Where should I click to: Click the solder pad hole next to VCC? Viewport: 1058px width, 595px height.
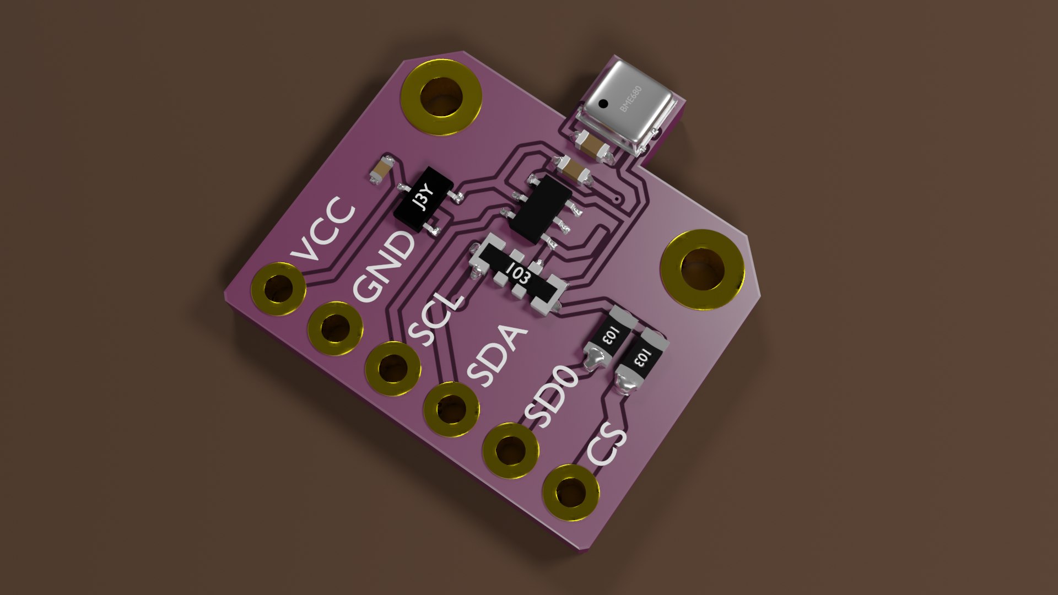278,289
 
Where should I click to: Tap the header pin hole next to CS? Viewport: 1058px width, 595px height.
571,492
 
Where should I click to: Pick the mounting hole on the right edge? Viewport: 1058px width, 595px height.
703,269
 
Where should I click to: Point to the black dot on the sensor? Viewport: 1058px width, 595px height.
604,103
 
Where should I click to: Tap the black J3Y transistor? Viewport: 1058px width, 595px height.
424,201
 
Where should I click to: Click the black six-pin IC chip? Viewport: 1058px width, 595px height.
541,209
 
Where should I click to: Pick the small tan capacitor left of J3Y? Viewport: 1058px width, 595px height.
381,170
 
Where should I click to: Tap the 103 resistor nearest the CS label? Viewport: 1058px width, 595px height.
641,360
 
